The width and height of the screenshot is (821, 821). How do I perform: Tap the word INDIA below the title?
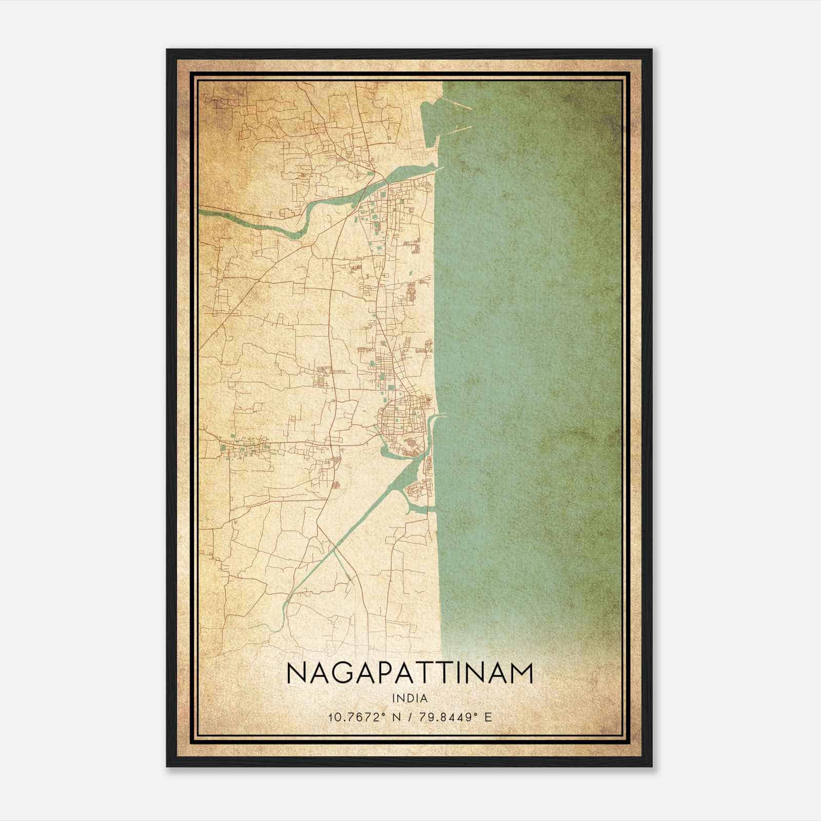click(x=409, y=698)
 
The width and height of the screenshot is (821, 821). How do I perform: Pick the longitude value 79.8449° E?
click(x=455, y=717)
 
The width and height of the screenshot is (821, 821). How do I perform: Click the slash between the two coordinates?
click(x=409, y=717)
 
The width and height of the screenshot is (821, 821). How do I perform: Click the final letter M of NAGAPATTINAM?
click(x=521, y=673)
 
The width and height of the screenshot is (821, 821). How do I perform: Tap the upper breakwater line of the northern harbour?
click(x=460, y=105)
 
